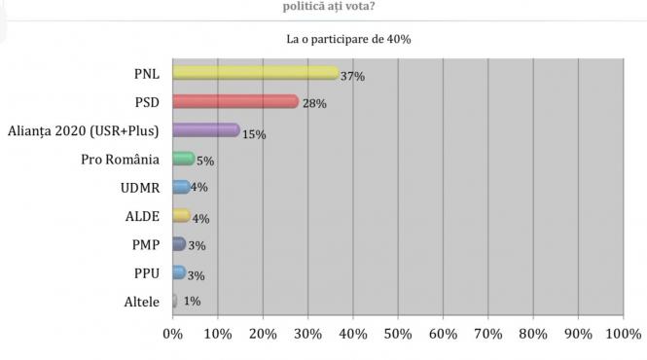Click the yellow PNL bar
(255, 73)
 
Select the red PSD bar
(234, 101)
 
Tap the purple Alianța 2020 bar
(205, 129)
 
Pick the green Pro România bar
(183, 159)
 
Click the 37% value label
(352, 76)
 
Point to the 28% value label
(313, 103)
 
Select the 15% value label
(254, 134)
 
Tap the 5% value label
(204, 161)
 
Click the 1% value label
(192, 302)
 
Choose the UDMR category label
(141, 188)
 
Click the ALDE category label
(144, 216)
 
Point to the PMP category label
(145, 244)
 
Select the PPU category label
(146, 272)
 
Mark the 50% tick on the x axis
(398, 335)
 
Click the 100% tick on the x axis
(623, 335)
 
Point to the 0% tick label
(172, 335)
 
